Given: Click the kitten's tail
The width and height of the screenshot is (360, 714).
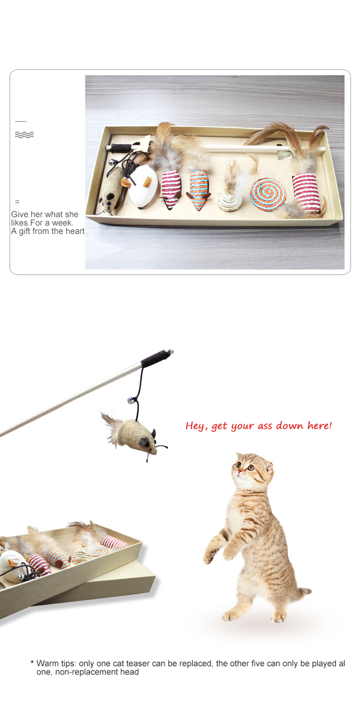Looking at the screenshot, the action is point(303,592).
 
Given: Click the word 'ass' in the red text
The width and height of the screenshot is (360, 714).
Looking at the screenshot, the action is point(265,426).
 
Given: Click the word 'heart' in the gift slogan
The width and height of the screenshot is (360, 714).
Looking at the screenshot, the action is point(75,231).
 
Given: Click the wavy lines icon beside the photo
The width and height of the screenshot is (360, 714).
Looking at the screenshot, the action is point(24,135).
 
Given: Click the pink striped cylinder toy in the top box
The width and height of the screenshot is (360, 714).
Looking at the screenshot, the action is point(306,192).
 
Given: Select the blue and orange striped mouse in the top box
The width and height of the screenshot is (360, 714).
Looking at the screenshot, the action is point(199,190).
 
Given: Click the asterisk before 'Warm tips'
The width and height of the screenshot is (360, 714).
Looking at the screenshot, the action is point(32,662).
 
